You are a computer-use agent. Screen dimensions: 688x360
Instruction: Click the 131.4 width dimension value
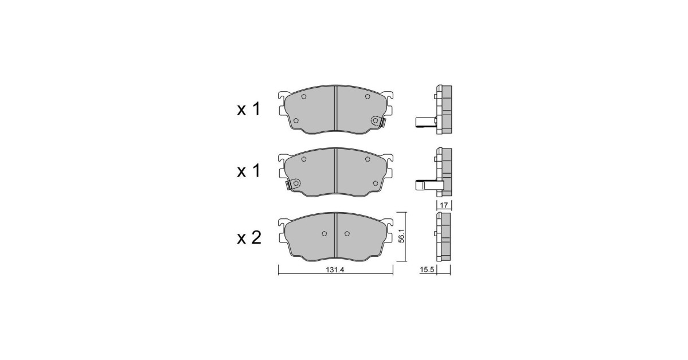click(335, 270)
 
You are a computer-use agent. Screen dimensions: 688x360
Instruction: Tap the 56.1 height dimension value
click(402, 236)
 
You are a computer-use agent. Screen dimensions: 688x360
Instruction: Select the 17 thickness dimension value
click(444, 205)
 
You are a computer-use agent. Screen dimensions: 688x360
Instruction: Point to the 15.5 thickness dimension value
click(427, 270)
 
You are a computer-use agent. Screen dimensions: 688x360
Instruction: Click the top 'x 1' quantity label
click(248, 109)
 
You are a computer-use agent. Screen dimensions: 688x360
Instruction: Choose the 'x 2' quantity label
click(249, 237)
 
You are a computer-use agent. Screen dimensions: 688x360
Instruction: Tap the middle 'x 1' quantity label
click(248, 171)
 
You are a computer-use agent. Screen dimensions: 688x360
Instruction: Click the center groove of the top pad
click(336, 108)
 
